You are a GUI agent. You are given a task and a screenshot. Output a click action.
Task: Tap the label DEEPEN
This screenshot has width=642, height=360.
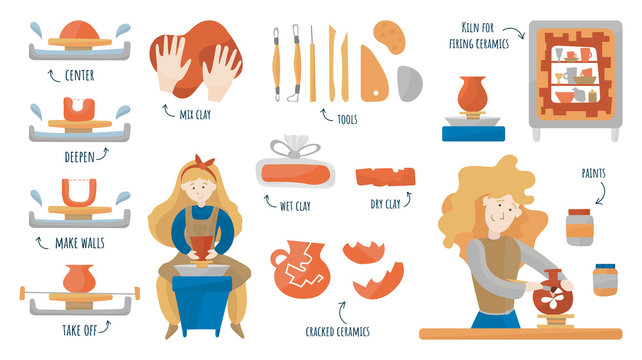point(79,157)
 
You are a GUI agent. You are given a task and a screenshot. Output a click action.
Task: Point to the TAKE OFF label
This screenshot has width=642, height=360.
point(79,325)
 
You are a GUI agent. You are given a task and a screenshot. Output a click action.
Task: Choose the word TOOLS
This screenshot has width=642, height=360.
point(347,120)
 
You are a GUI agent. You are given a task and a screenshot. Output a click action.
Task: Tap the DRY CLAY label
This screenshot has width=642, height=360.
point(385,204)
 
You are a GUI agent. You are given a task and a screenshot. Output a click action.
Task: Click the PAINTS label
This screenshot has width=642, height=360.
point(593,173)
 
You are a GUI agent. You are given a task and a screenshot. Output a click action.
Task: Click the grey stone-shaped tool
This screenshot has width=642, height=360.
point(411,83)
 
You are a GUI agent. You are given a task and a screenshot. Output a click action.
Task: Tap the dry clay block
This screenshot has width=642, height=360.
point(385,178)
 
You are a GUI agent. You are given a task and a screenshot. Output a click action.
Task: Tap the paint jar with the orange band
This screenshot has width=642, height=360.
point(579,226)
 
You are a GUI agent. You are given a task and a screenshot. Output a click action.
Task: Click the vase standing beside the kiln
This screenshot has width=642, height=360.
point(471,95)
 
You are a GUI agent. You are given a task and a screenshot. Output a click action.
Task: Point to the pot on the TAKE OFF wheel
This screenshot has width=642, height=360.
point(79,278)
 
